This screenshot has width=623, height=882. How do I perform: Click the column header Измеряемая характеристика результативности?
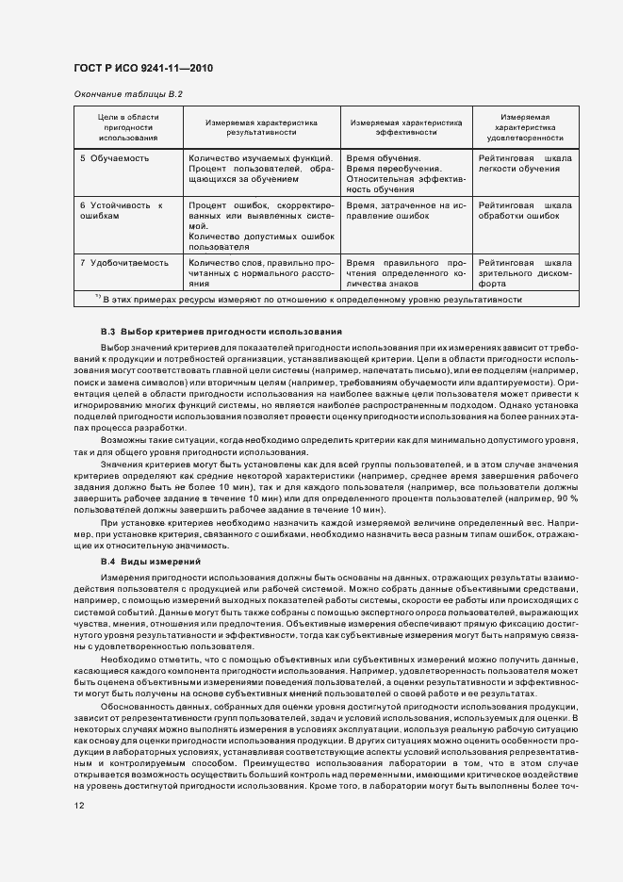click(262, 127)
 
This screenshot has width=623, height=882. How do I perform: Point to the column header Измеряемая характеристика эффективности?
click(406, 127)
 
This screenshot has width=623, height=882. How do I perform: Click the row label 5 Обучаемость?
click(115, 158)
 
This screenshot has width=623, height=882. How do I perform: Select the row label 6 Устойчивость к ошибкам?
click(121, 210)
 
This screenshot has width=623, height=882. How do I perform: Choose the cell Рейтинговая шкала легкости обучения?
click(524, 163)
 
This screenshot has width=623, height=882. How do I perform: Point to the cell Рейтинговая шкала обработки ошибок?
click(524, 210)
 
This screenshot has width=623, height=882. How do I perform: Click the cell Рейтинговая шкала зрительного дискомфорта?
click(524, 271)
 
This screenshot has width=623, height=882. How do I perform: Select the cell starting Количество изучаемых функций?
click(261, 168)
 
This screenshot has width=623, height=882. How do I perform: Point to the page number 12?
click(79, 805)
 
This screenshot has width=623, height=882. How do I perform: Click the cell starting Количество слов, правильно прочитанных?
click(261, 271)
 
